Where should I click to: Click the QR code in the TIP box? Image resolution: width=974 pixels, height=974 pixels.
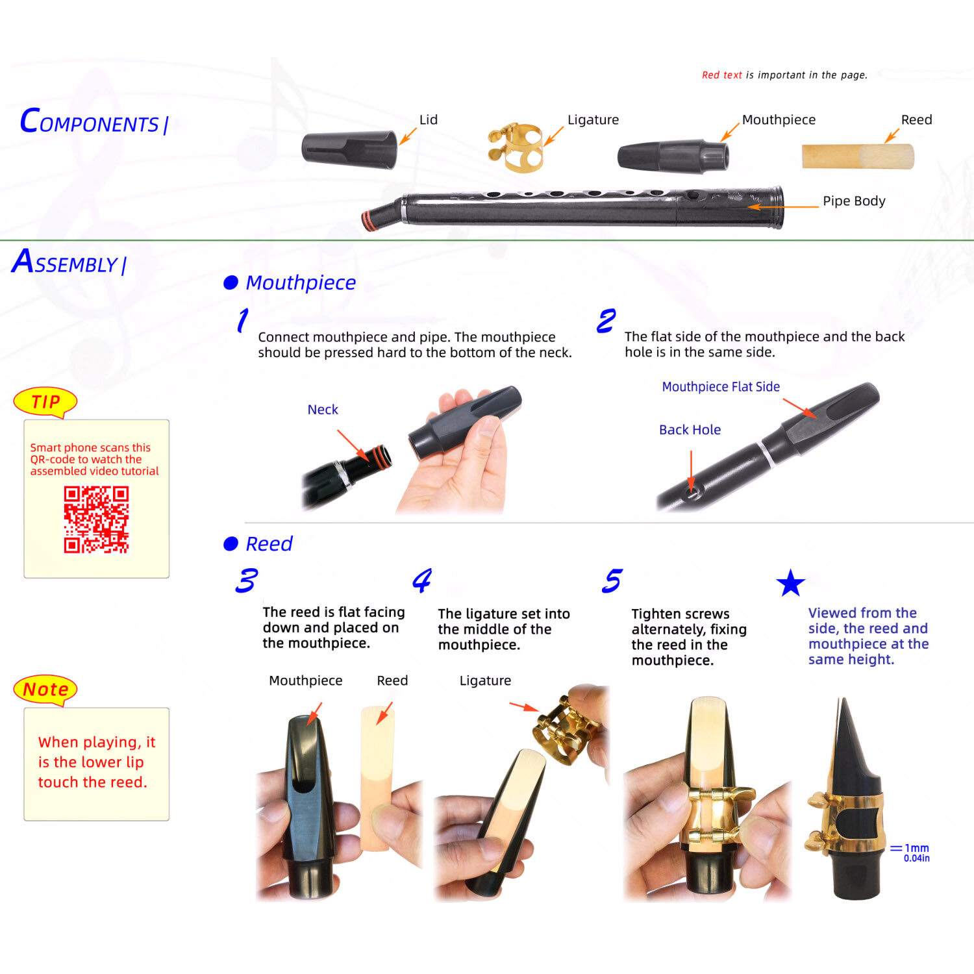click(96, 519)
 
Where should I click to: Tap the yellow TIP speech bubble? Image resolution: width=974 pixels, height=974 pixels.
click(45, 402)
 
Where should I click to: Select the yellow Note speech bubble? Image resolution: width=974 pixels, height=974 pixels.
click(45, 689)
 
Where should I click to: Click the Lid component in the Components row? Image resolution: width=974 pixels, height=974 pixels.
click(349, 149)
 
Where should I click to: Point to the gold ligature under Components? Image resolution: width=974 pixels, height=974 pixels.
click(516, 148)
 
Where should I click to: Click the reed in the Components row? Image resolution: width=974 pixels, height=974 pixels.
click(858, 156)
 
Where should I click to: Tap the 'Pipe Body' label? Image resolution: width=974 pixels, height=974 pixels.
click(854, 201)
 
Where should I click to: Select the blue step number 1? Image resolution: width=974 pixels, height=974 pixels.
click(242, 320)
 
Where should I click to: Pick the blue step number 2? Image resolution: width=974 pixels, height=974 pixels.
click(606, 321)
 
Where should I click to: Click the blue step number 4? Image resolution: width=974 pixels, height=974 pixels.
click(422, 580)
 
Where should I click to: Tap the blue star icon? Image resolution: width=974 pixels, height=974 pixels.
click(790, 583)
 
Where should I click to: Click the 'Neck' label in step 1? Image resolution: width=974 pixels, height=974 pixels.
click(323, 410)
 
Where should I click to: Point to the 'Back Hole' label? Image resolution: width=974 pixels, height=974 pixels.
click(690, 430)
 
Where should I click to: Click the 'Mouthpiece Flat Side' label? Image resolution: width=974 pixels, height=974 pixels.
click(721, 387)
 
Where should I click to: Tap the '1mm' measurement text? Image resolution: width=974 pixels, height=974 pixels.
click(916, 848)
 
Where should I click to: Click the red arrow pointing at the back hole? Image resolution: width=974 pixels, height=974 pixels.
click(692, 471)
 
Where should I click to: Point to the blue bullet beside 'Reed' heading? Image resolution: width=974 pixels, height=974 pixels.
click(231, 543)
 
